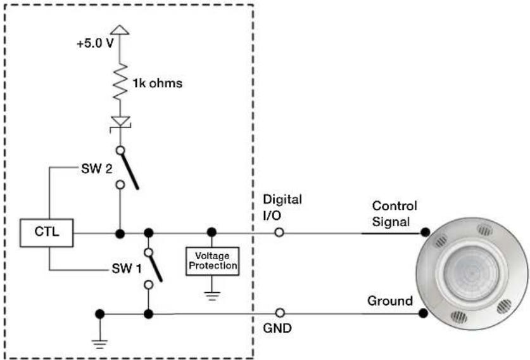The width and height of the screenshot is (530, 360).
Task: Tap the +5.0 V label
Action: pyautogui.click(x=95, y=44)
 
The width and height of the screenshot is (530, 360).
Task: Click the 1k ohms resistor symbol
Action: pyautogui.click(x=120, y=81)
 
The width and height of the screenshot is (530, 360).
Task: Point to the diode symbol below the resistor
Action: pyautogui.click(x=120, y=122)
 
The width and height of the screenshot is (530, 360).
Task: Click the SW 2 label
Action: pyautogui.click(x=97, y=169)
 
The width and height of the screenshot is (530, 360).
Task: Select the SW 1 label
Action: pyautogui.click(x=127, y=269)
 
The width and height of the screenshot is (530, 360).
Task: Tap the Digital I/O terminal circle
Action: pyautogui.click(x=279, y=233)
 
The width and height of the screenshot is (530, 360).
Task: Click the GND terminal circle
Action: pyautogui.click(x=280, y=313)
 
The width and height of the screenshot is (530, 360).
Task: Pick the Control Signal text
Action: pyautogui.click(x=394, y=214)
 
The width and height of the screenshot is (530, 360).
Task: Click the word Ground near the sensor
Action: pyautogui.click(x=390, y=301)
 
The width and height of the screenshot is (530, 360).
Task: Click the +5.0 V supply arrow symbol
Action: pyautogui.click(x=120, y=30)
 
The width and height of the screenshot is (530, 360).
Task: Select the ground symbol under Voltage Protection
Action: pyautogui.click(x=212, y=296)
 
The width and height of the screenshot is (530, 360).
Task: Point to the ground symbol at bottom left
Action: pyautogui.click(x=99, y=344)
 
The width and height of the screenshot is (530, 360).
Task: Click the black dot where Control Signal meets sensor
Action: pyautogui.click(x=426, y=232)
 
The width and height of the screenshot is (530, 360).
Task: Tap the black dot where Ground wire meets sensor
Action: pyautogui.click(x=423, y=313)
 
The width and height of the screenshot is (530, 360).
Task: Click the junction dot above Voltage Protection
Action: pyautogui.click(x=211, y=232)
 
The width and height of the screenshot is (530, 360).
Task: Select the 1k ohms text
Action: pyautogui.click(x=158, y=83)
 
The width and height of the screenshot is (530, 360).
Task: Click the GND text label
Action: pyautogui.click(x=277, y=328)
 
